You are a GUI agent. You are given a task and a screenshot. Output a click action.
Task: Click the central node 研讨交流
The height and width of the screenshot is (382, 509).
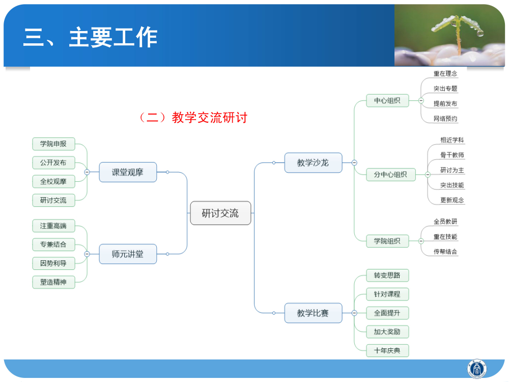(220, 213)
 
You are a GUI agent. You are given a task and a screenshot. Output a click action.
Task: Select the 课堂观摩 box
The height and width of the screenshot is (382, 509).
(128, 172)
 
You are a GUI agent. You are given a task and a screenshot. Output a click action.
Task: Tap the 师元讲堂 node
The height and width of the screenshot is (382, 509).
(128, 254)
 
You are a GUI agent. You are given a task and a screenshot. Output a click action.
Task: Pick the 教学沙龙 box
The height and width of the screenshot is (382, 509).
(313, 162)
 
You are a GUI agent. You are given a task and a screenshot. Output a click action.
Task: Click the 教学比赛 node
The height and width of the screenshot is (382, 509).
(313, 313)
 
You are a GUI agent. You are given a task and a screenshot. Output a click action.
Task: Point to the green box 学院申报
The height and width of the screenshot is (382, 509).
(53, 144)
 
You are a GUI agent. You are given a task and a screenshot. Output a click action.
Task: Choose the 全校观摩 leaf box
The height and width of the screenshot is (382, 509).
(53, 181)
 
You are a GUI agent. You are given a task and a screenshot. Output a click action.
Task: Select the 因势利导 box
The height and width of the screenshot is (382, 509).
(53, 263)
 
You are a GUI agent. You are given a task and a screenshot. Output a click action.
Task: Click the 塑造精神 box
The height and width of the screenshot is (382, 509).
(53, 282)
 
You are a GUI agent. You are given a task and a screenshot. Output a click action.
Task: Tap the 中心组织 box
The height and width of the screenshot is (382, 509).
(387, 100)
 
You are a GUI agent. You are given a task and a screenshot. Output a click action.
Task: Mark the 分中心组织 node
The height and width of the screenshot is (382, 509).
(390, 174)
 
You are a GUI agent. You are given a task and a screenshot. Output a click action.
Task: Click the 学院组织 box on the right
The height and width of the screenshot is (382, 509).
(387, 241)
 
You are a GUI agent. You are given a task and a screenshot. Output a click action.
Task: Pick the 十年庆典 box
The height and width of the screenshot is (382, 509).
(387, 350)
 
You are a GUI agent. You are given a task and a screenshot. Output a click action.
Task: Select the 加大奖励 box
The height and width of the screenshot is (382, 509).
(387, 332)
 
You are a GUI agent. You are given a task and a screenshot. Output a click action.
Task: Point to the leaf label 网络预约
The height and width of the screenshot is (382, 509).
(445, 119)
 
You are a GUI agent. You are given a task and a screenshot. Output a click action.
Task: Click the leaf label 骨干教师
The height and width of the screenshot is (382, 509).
(452, 155)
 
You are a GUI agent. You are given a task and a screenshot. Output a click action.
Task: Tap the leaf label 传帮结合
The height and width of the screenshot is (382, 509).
(445, 251)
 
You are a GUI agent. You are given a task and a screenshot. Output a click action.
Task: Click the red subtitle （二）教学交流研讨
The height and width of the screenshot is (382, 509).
(193, 118)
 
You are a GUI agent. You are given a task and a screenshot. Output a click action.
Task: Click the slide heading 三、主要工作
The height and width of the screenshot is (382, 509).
(91, 38)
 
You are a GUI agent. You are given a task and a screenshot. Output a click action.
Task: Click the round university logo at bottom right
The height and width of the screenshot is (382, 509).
(477, 368)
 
